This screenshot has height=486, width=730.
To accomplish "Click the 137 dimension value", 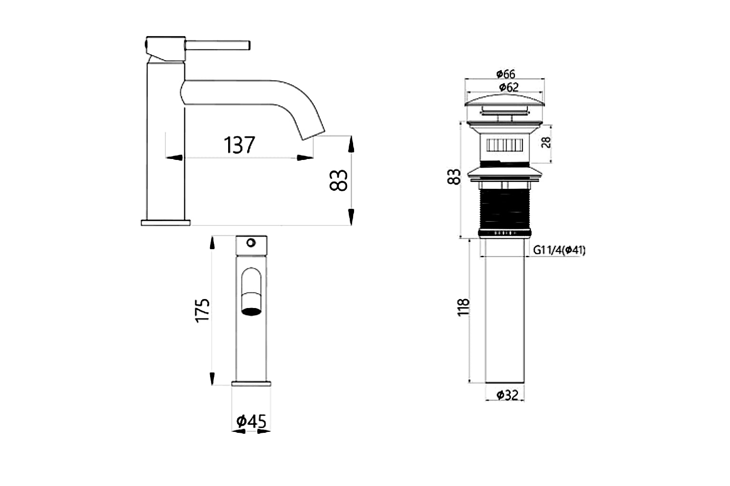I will [240, 145].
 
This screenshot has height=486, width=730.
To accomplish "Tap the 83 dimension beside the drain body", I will [454, 177].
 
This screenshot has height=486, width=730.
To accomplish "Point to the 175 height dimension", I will [203, 310].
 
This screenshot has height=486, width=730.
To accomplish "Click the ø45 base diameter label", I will [251, 421].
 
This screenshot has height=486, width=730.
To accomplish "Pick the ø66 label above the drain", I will [505, 74].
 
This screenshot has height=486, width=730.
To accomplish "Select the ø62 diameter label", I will [505, 87].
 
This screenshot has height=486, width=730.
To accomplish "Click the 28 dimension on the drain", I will [547, 142].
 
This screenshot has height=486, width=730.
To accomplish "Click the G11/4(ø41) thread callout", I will [559, 250].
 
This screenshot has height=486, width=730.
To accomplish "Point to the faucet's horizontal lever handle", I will [218, 45].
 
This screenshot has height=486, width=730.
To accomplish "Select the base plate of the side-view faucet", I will [165, 222].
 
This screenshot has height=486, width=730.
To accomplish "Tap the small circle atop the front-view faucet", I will [250, 243].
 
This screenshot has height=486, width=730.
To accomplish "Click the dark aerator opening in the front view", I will [251, 311].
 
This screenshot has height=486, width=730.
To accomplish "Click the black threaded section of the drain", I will [505, 209].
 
